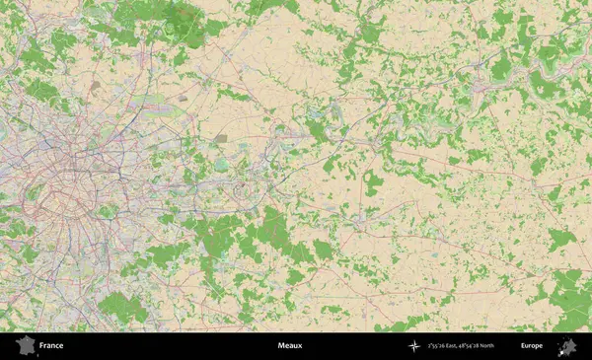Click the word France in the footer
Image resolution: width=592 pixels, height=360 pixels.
pos(51,346)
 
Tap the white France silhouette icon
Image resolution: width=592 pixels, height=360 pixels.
pos(25,346)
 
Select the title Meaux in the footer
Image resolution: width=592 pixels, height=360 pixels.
pos(290,346)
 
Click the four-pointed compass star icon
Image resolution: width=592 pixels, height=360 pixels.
pos(413,346)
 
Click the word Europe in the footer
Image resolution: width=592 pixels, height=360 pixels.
pos(532,346)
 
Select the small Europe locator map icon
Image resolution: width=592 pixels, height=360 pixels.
pos(567,346)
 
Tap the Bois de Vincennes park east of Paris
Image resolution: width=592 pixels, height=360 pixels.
pos(103,210)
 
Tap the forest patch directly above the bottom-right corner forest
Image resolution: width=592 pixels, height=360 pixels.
pos(560,238)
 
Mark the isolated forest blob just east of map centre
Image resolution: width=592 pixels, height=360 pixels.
pos(372,181)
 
